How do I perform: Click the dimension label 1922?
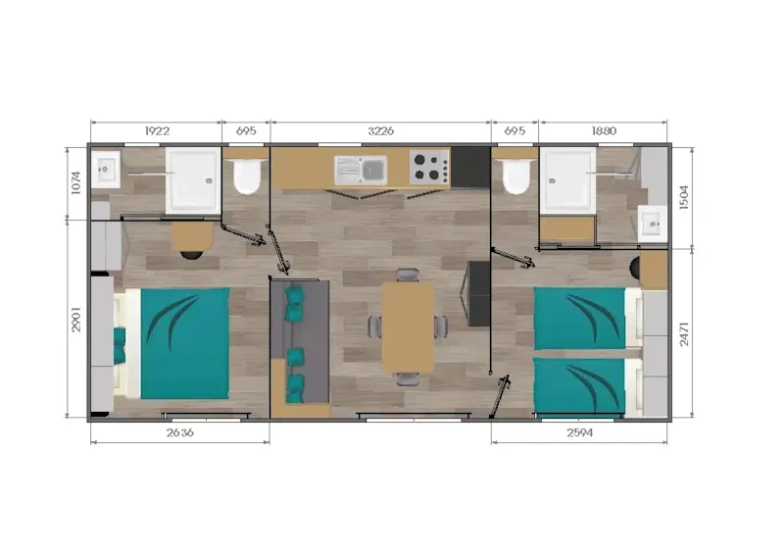tap(157, 131)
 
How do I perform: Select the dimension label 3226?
tap(381, 131)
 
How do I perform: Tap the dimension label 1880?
tap(604, 131)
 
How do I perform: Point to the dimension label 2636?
tap(180, 432)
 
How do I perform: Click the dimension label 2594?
tap(579, 432)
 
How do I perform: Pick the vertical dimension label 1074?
tap(76, 183)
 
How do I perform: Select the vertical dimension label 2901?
tap(76, 320)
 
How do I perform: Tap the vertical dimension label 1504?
tap(684, 197)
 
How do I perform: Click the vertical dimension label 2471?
tap(684, 333)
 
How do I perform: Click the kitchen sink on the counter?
tap(361, 171)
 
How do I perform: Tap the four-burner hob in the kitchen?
tap(429, 167)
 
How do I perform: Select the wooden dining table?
tap(408, 327)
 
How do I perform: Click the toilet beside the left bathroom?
tap(247, 176)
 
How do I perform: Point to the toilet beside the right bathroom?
tap(516, 176)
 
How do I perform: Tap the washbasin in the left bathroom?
tap(106, 170)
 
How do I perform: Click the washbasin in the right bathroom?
tap(653, 224)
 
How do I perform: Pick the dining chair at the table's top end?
tap(408, 276)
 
